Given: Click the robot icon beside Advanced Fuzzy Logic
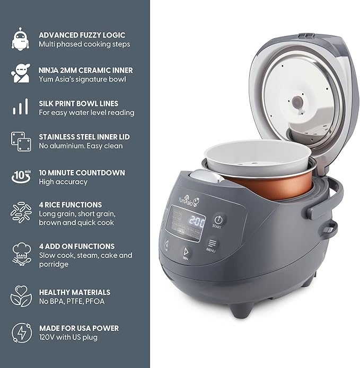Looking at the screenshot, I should click(20, 39).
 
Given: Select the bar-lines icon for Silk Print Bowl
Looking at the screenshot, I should click(20, 107).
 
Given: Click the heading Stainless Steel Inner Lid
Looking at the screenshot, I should click(84, 137).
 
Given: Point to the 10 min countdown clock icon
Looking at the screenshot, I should click(20, 176).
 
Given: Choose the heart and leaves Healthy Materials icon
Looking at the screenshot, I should click(20, 296).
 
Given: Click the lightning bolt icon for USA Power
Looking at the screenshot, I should click(20, 333).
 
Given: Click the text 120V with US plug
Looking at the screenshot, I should click(68, 337).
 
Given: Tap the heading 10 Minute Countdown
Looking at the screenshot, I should click(82, 173).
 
